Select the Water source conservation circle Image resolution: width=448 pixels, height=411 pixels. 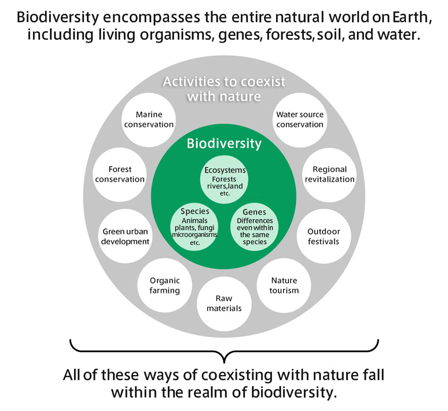tap(299, 119)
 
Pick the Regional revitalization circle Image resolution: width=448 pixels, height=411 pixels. tap(329, 174)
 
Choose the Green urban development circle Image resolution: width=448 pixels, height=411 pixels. tap(125, 236)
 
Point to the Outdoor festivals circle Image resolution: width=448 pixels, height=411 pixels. tap(324, 236)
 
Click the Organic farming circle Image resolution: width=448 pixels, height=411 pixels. tap(164, 285)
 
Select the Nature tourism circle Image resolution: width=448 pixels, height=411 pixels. tap(284, 285)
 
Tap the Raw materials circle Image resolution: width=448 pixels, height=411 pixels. tap(224, 303)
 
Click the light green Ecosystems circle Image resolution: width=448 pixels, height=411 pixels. tap(225, 182)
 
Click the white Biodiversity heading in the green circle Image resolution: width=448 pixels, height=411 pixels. tap(224, 144)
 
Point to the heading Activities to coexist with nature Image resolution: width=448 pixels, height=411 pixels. tap(224, 89)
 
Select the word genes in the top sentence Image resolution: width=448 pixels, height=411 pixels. tap(236, 35)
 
